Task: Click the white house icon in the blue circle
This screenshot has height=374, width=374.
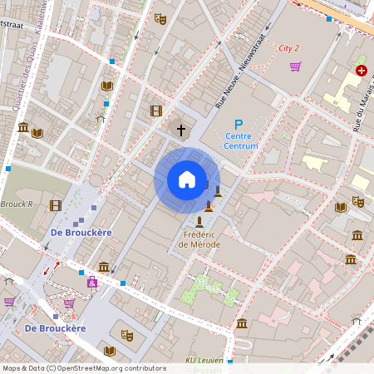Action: (x=186, y=180)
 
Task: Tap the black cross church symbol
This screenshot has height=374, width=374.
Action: (x=181, y=130)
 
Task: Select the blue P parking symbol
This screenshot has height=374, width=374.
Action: (x=239, y=125)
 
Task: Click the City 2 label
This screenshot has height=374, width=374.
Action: (x=288, y=48)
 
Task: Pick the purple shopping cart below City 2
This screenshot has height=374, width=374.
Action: (x=294, y=66)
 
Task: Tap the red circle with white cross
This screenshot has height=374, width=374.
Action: (x=361, y=71)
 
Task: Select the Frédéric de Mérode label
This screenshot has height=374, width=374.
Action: (x=199, y=240)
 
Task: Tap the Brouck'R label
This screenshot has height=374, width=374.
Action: (x=16, y=204)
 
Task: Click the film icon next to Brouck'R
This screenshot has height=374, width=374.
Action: (x=55, y=205)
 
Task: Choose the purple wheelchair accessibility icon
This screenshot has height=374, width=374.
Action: (x=92, y=283)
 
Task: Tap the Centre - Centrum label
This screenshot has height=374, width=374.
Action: (x=239, y=141)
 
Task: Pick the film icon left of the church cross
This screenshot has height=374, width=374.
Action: (x=155, y=111)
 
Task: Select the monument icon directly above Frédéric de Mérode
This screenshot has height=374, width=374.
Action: (x=199, y=222)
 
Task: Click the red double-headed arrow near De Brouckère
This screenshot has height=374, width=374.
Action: (x=57, y=265)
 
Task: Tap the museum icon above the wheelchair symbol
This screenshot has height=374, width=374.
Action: (x=104, y=267)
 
